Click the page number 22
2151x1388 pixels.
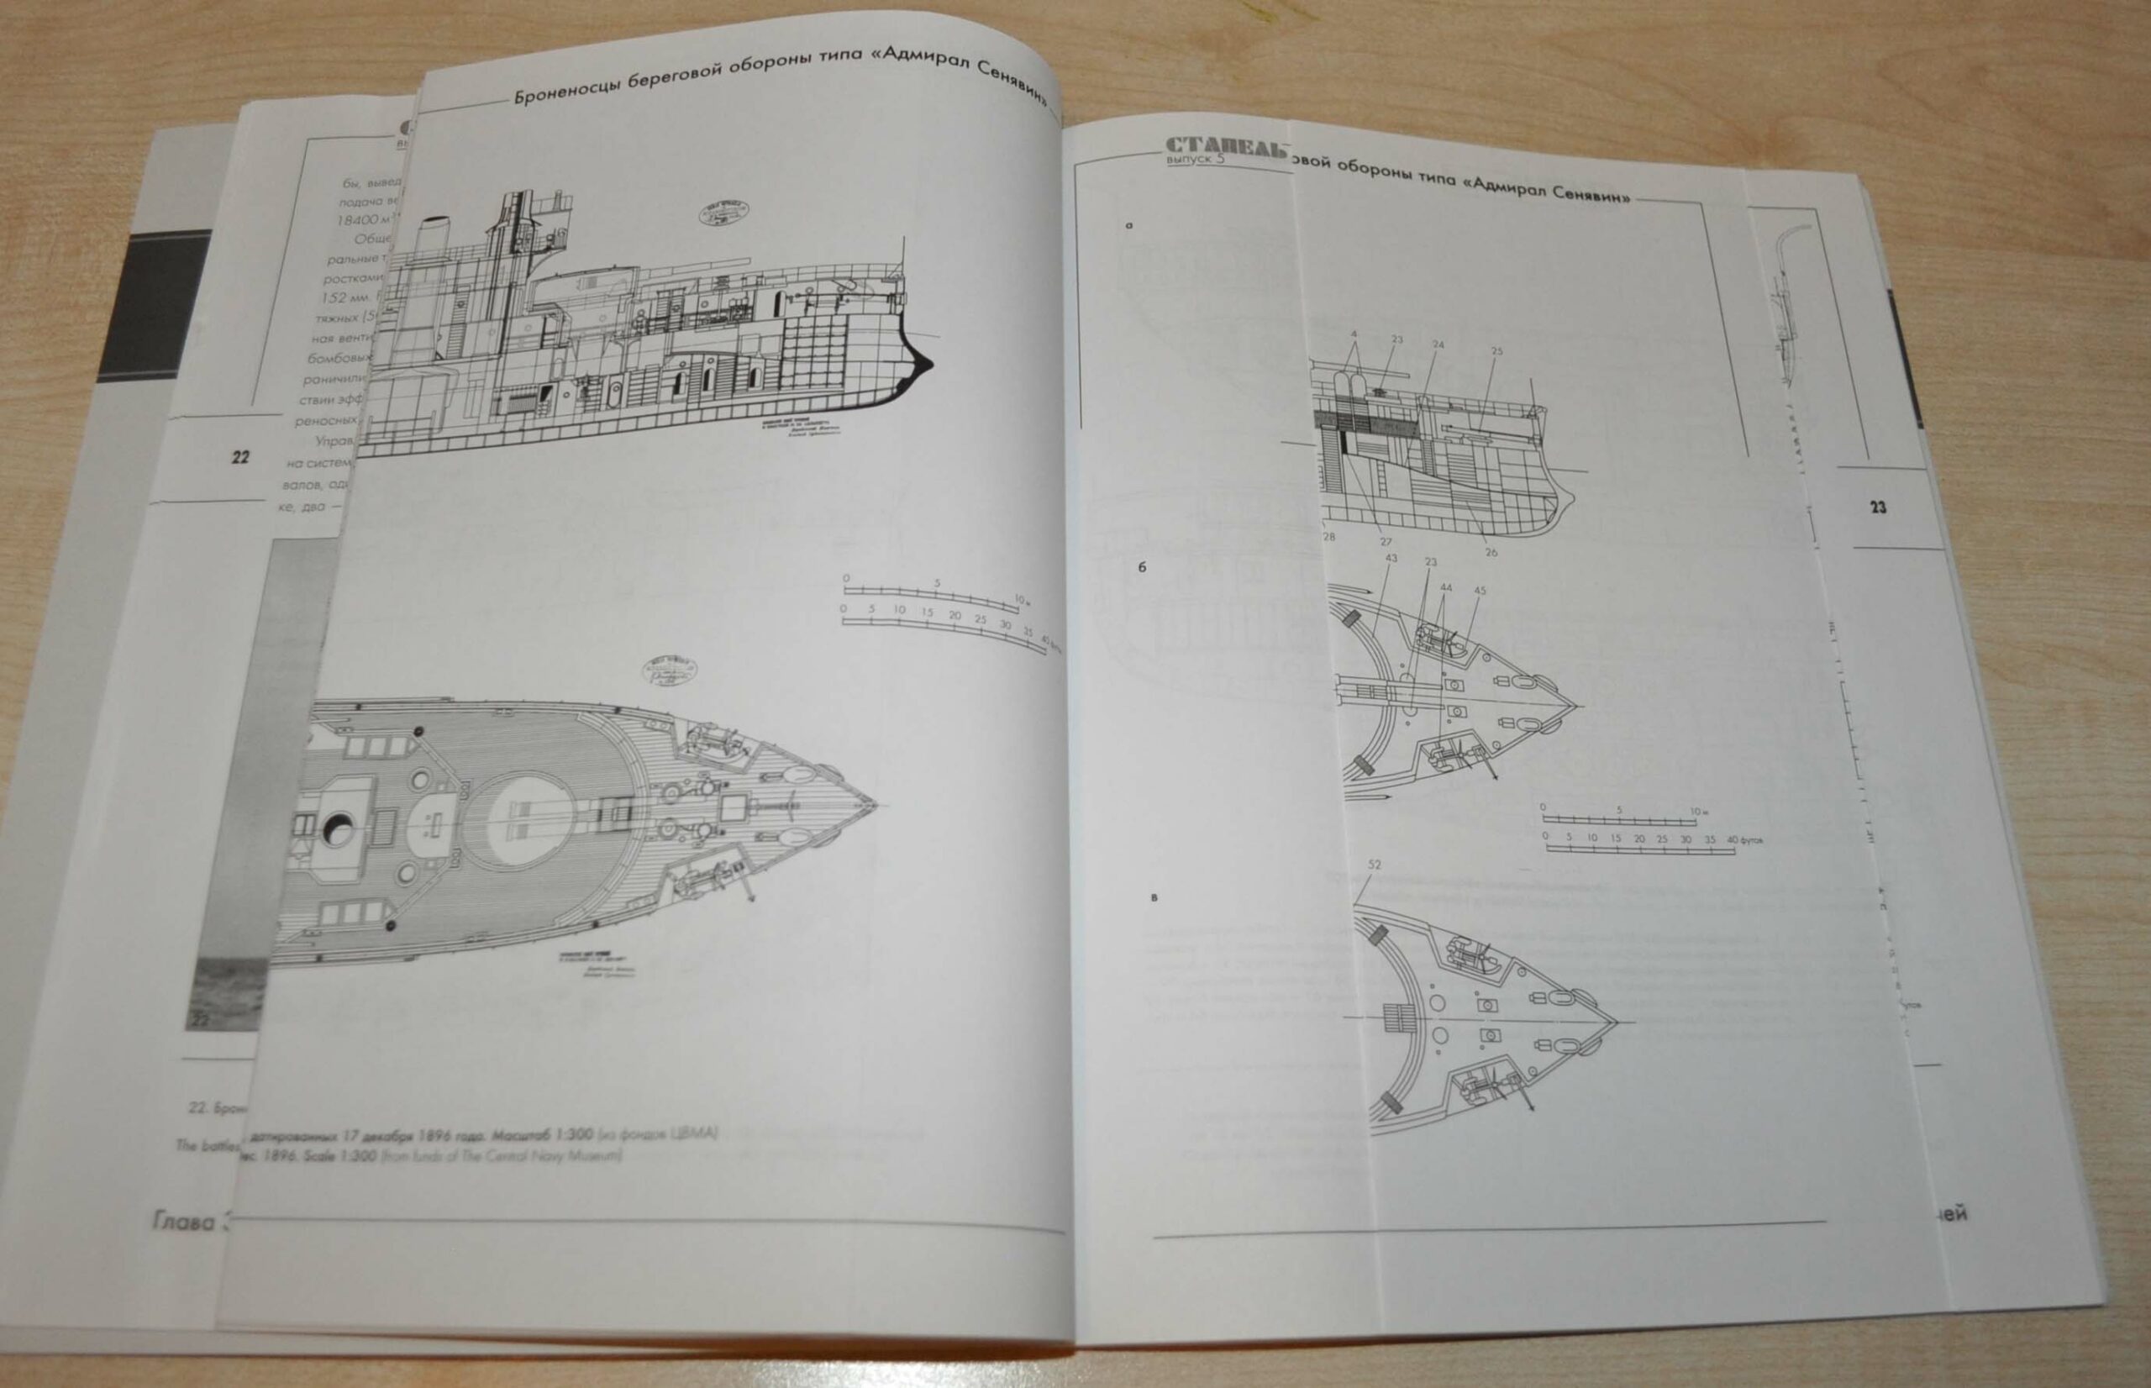[240, 457]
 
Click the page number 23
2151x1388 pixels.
[1877, 508]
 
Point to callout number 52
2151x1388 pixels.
[1375, 865]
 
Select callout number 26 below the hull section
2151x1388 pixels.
[1491, 552]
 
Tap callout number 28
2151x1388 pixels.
[1328, 538]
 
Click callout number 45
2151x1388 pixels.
[1480, 591]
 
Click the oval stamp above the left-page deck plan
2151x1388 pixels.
[666, 672]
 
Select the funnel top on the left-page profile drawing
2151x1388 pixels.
[437, 219]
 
